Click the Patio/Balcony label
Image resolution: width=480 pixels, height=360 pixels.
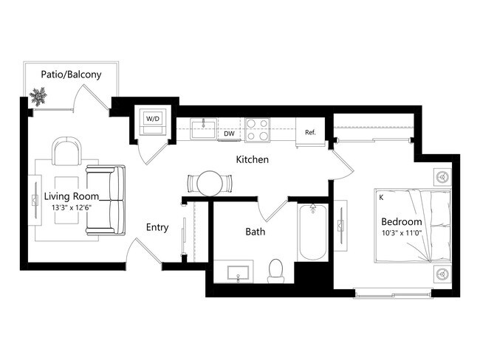click(x=71, y=75)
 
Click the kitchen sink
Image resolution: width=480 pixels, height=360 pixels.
click(x=204, y=130)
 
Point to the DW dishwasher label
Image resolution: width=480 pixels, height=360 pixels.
click(x=230, y=134)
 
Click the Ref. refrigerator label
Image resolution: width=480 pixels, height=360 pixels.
click(x=310, y=133)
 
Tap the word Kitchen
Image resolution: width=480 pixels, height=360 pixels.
click(x=252, y=159)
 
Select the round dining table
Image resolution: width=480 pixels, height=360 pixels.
click(x=210, y=182)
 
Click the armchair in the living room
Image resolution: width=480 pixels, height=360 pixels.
click(x=66, y=153)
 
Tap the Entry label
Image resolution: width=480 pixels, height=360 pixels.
click(x=157, y=227)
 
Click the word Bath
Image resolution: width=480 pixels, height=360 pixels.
click(x=256, y=232)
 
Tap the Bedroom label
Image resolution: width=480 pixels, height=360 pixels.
click(x=401, y=222)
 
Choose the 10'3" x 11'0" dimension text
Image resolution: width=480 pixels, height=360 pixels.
click(x=401, y=235)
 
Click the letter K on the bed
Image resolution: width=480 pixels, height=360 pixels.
click(x=381, y=198)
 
